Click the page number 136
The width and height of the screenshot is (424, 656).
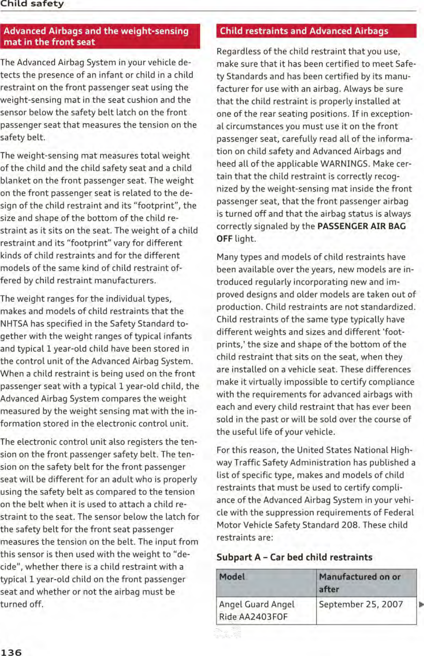click(11, 652)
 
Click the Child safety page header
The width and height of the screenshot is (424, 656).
click(32, 4)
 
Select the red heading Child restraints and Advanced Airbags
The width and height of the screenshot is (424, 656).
click(304, 31)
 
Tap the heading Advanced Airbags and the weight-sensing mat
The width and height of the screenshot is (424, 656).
click(96, 36)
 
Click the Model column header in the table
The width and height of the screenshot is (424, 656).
click(232, 577)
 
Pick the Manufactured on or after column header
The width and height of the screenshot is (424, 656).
click(359, 583)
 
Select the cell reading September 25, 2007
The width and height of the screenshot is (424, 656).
click(361, 604)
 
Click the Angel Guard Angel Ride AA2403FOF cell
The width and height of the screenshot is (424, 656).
click(257, 610)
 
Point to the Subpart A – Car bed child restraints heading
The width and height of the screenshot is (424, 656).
click(294, 557)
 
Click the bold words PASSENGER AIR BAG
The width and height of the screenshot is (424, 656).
click(361, 226)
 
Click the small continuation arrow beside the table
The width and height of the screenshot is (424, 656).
click(421, 604)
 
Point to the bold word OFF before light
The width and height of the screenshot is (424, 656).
click(224, 239)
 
